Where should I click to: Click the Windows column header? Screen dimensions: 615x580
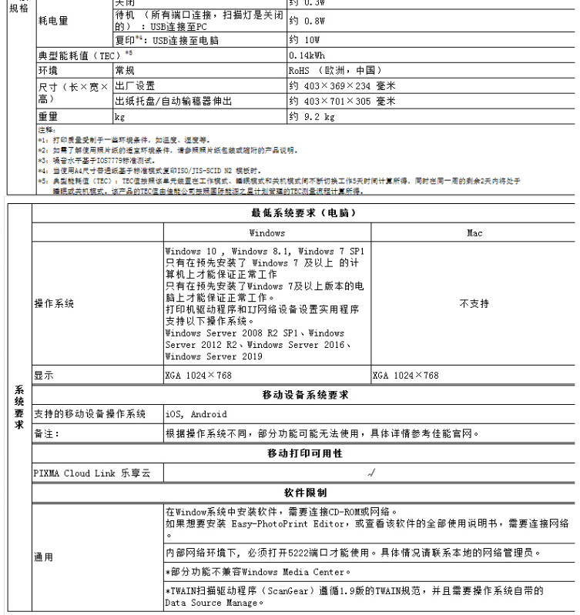click(267, 232)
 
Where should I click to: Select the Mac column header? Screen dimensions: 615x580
click(474, 232)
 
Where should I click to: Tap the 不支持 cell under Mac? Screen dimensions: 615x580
click(474, 304)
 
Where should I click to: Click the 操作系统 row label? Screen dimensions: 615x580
click(54, 304)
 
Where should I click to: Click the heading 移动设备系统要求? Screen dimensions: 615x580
click(305, 395)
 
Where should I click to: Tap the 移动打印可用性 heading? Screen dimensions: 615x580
click(305, 453)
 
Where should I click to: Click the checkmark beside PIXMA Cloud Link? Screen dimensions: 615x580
click(370, 473)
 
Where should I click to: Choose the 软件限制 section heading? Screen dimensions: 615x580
click(305, 493)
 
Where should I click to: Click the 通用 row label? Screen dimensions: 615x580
click(43, 557)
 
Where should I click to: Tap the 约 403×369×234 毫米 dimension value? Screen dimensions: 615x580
click(342, 85)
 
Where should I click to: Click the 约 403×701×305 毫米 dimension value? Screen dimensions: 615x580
click(342, 101)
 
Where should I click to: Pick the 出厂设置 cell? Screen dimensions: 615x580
click(135, 85)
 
